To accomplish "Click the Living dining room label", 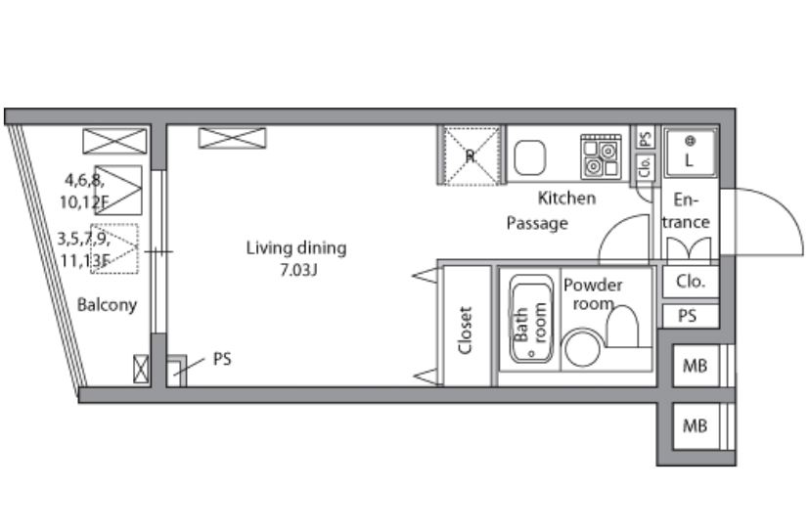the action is [296, 248].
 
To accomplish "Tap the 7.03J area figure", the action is [298, 270].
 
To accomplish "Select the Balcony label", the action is [107, 304].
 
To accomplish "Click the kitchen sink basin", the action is [529, 157].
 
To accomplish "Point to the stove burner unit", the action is [601, 156].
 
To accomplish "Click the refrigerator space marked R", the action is [470, 155].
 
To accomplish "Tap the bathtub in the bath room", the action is [531, 319].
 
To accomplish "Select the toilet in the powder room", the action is [622, 327].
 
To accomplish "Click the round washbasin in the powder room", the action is [582, 349].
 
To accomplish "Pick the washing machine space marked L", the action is [690, 153].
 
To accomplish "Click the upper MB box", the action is [695, 366].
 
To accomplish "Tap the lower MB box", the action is [695, 426].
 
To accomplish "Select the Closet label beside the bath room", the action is [466, 331].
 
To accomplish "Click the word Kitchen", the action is [566, 198].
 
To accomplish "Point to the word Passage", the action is [537, 223].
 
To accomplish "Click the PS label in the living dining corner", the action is [222, 359].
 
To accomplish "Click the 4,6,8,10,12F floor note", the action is [83, 191].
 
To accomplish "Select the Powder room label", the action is [593, 293].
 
